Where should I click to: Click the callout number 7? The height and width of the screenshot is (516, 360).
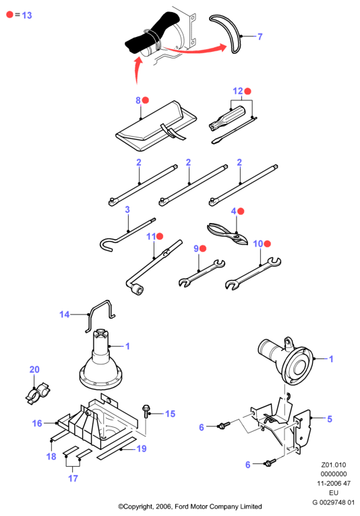pyautogui.click(x=260, y=36)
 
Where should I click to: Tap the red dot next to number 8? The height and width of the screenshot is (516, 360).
pyautogui.click(x=145, y=100)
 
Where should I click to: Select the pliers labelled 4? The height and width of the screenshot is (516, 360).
pyautogui.click(x=228, y=233)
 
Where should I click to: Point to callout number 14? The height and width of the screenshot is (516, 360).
pyautogui.click(x=64, y=315)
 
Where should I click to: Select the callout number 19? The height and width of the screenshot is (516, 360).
pyautogui.click(x=142, y=449)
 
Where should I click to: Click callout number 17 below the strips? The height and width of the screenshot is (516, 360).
pyautogui.click(x=73, y=478)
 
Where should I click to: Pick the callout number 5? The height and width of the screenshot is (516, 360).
pyautogui.click(x=330, y=418)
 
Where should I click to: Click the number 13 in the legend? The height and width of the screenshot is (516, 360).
pyautogui.click(x=27, y=15)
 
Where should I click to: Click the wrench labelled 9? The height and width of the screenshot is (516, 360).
pyautogui.click(x=202, y=273)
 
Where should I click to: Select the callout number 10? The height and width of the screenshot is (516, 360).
pyautogui.click(x=258, y=244)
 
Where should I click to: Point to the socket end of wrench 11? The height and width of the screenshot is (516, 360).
pyautogui.click(x=136, y=289)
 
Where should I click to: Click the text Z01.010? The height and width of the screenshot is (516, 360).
pyautogui.click(x=334, y=465)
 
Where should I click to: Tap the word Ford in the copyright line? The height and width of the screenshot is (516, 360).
pyautogui.click(x=181, y=507)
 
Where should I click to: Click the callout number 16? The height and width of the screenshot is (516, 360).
pyautogui.click(x=37, y=423)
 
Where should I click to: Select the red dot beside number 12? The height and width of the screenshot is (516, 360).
pyautogui.click(x=247, y=91)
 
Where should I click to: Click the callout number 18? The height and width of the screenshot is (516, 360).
pyautogui.click(x=51, y=457)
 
